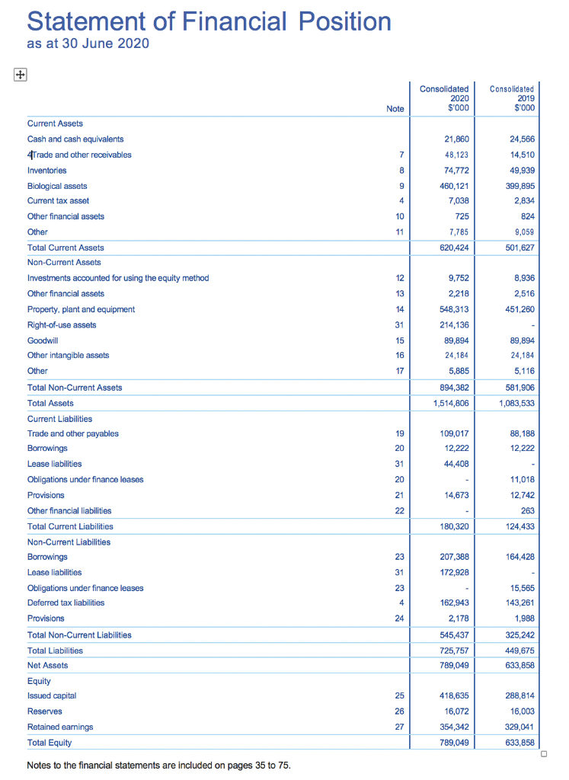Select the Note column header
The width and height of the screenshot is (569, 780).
[x=395, y=109]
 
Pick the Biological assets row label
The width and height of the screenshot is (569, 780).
[x=57, y=186]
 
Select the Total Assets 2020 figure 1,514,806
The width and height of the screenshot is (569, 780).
[x=450, y=403]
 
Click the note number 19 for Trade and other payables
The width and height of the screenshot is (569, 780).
[x=399, y=433]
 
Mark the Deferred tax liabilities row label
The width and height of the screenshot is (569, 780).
[x=66, y=603]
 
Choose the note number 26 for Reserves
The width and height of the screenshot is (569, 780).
[x=399, y=711]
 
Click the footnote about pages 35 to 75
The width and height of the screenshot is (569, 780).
[x=158, y=765]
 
